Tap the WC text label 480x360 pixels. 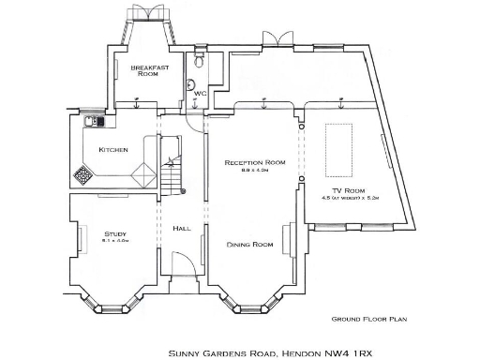click(200, 94)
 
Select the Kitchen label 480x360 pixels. click(113, 150)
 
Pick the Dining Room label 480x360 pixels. click(249, 244)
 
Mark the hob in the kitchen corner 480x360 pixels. click(84, 174)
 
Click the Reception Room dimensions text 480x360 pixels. click(253, 171)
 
